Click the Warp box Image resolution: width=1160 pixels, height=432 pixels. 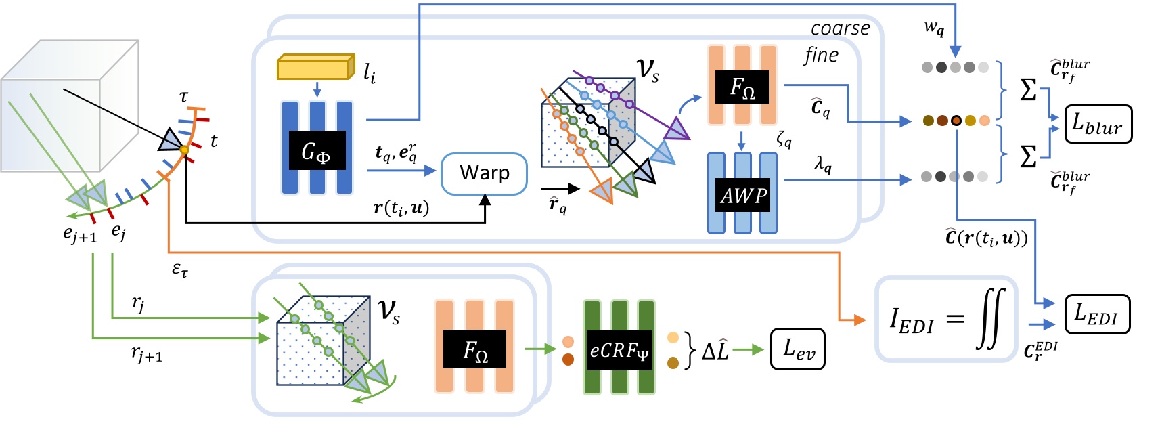coord(484,173)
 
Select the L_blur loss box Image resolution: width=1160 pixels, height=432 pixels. coord(1098,124)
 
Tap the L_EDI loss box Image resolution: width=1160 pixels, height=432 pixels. coord(1097,314)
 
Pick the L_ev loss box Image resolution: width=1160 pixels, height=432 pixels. coord(798,349)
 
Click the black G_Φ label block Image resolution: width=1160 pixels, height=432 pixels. coord(317,150)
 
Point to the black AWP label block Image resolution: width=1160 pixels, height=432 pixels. coord(742,196)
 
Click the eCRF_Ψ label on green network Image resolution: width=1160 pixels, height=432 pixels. coord(619,350)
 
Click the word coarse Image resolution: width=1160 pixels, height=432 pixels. coord(840,28)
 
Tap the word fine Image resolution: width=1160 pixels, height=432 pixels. coord(821,56)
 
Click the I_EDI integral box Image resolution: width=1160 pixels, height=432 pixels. coord(945,318)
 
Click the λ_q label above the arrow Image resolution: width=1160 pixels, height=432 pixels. coord(823,163)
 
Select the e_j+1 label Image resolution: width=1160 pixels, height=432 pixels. coord(80,234)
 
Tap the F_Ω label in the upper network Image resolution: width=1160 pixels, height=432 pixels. coord(742,87)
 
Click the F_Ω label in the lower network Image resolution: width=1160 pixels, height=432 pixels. coord(474,350)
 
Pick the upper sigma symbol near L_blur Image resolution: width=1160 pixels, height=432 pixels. coord(1028,89)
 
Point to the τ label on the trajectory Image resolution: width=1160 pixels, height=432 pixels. coord(184,97)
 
